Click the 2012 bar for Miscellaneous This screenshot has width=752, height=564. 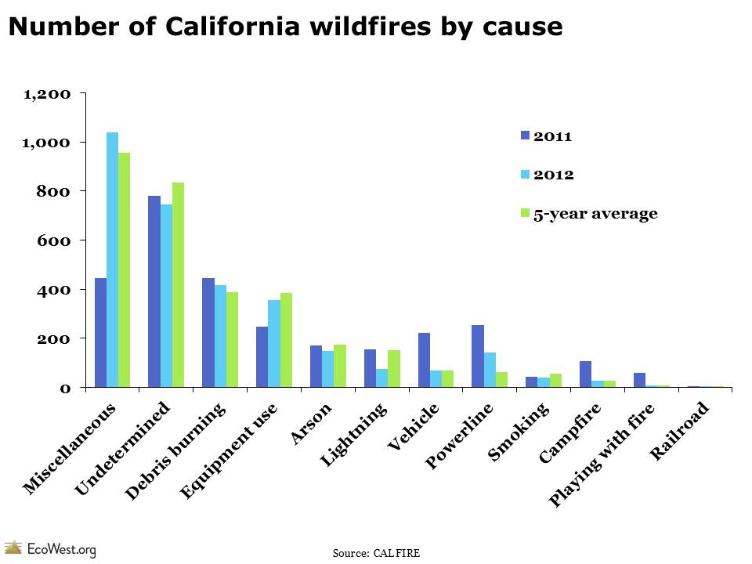pyautogui.click(x=112, y=259)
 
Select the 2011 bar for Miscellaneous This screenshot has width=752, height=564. pyautogui.click(x=100, y=332)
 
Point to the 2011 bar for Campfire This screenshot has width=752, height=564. pyautogui.click(x=585, y=374)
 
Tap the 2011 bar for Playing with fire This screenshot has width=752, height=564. pyautogui.click(x=639, y=380)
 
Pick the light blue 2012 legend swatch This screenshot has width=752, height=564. pyautogui.click(x=526, y=174)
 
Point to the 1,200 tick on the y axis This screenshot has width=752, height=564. pyautogui.click(x=48, y=94)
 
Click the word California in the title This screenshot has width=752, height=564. pyautogui.click(x=217, y=27)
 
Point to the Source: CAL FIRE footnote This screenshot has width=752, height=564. pyautogui.click(x=376, y=553)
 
